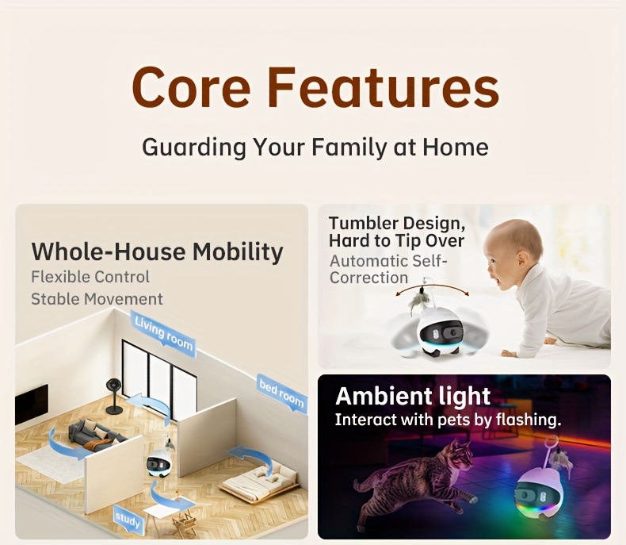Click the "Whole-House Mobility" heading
pyautogui.click(x=157, y=251)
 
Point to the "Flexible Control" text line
pyautogui.click(x=90, y=277)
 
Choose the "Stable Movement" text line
pyautogui.click(x=97, y=299)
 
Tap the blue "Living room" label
pyautogui.click(x=164, y=332)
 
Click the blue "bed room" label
pyautogui.click(x=281, y=393)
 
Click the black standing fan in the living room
pyautogui.click(x=114, y=394)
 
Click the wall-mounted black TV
pyautogui.click(x=32, y=404)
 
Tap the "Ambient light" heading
pyautogui.click(x=413, y=396)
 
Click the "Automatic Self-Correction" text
pyautogui.click(x=388, y=269)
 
